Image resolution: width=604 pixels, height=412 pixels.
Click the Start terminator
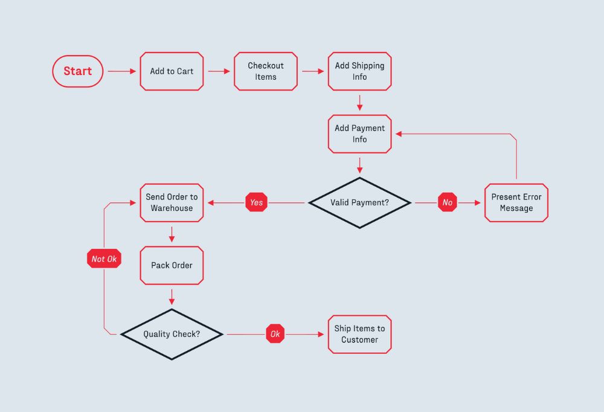(x=78, y=71)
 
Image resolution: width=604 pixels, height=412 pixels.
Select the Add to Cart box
(x=172, y=71)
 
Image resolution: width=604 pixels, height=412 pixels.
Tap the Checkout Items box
(x=266, y=71)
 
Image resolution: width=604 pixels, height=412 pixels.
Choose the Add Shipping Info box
(x=359, y=71)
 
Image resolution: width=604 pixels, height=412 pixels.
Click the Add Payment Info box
(x=359, y=134)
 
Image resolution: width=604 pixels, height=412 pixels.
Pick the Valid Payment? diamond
(x=359, y=202)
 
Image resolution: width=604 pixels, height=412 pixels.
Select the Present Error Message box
(x=516, y=202)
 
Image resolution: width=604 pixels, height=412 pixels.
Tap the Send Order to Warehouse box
(x=172, y=202)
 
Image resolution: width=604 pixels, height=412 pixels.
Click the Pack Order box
(x=172, y=265)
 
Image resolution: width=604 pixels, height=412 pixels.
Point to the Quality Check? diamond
(x=172, y=334)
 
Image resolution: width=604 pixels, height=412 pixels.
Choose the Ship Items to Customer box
(x=359, y=334)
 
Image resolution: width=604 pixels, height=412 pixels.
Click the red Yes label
(x=257, y=202)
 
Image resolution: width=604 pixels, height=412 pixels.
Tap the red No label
(x=448, y=202)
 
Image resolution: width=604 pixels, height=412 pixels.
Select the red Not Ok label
(x=104, y=259)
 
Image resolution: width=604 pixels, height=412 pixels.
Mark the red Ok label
(x=275, y=334)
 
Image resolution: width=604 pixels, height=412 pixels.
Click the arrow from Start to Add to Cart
(x=122, y=71)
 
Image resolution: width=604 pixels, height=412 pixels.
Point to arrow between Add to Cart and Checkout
(x=219, y=71)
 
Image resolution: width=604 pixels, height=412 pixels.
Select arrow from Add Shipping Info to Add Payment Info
(x=359, y=102)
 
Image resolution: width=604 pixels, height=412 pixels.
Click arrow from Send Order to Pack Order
(x=172, y=234)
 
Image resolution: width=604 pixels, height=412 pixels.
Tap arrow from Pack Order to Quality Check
(x=172, y=297)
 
